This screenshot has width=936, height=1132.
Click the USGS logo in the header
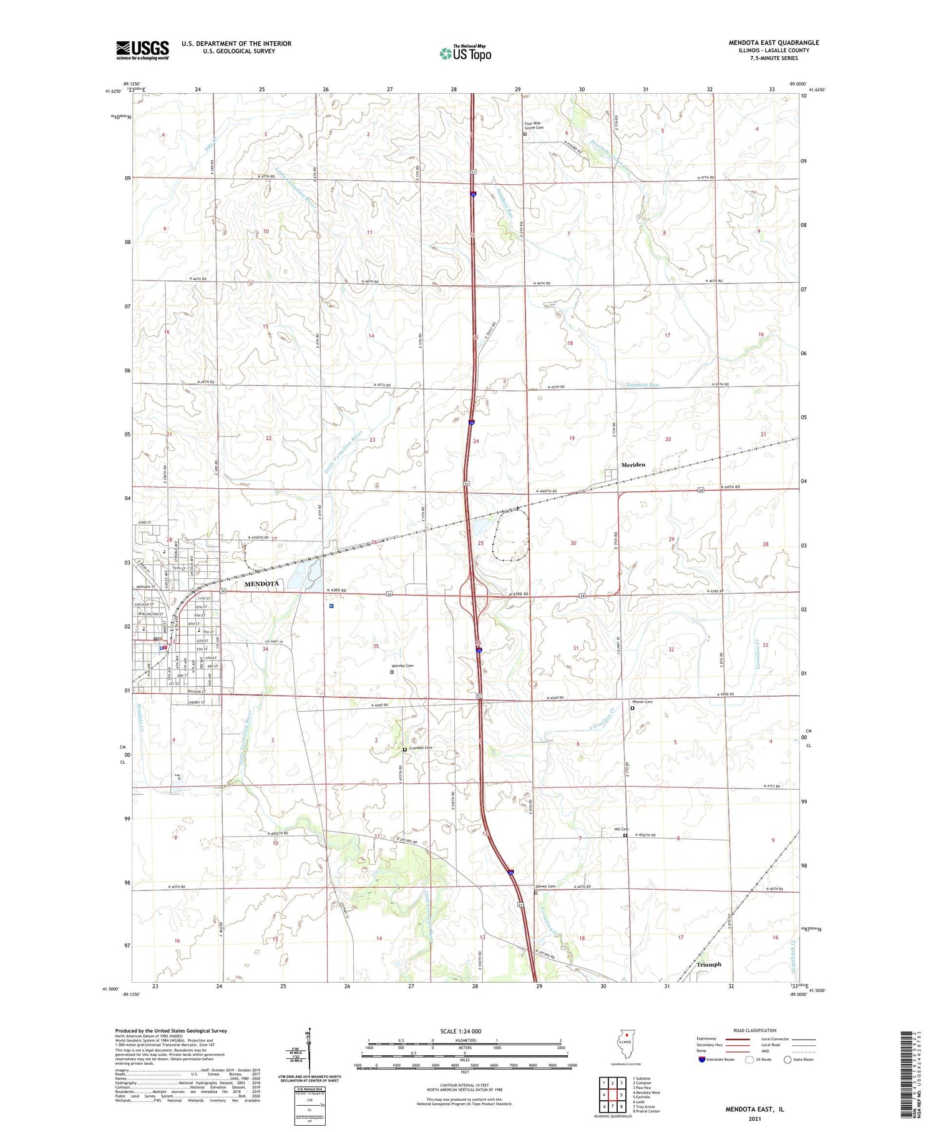142,50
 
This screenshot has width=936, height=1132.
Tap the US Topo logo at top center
466,54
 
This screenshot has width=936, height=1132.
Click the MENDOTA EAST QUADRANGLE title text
774,42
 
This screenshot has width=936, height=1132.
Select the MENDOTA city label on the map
261,584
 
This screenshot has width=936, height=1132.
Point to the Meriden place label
633,465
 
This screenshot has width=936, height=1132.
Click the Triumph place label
708,964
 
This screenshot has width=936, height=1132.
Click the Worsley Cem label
402,666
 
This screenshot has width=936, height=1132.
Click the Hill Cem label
621,829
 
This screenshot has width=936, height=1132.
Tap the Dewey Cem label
545,886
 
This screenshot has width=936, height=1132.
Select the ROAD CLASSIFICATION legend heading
754,1030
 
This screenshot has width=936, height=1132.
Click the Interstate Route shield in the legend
702,1060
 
